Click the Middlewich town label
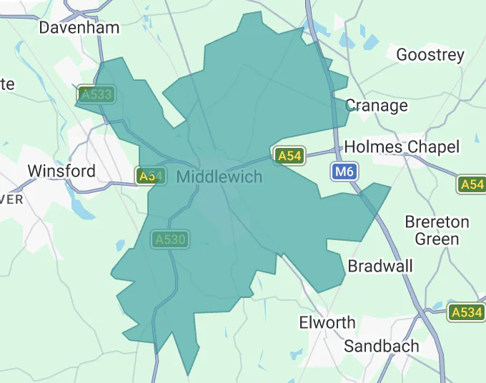click(x=219, y=176)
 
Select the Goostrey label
click(x=430, y=54)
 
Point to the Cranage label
click(x=377, y=106)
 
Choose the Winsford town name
click(x=61, y=171)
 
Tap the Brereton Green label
click(x=437, y=230)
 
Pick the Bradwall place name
click(x=380, y=267)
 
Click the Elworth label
click(x=327, y=322)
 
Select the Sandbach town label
click(x=381, y=346)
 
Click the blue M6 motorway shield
click(x=344, y=171)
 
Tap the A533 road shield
click(x=95, y=94)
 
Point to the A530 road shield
click(x=169, y=239)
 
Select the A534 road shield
click(x=467, y=312)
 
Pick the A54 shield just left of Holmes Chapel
click(x=289, y=156)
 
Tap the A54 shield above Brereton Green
click(x=472, y=184)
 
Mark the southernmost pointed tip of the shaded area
click(x=189, y=375)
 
